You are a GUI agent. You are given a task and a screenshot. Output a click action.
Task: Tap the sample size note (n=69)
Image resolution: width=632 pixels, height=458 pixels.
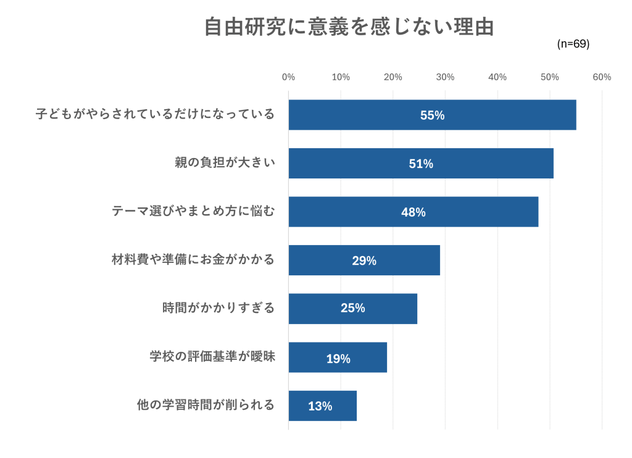573,44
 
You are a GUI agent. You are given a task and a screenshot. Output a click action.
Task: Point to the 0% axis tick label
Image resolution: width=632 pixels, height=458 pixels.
288,77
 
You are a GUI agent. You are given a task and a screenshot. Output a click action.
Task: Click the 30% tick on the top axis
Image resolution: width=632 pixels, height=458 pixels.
445,77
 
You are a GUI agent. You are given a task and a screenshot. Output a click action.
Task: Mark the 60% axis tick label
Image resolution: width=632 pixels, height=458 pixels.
602,77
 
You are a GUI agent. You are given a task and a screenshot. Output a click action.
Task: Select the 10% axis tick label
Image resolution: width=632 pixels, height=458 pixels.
341,77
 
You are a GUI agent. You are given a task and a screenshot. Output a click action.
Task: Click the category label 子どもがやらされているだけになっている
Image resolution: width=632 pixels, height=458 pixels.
155,115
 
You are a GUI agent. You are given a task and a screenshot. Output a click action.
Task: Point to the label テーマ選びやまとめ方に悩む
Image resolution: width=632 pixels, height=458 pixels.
193,212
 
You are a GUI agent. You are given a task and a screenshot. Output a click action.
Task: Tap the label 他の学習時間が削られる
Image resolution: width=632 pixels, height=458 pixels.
206,406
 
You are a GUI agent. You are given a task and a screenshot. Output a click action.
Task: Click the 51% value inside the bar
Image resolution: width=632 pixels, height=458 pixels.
421,164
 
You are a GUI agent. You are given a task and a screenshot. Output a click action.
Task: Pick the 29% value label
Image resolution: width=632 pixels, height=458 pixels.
364,260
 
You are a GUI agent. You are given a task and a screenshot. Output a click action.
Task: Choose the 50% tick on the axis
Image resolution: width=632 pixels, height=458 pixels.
549,77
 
